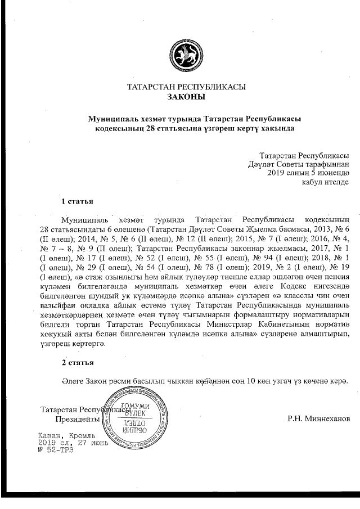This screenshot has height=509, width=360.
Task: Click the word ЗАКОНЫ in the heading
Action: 187,97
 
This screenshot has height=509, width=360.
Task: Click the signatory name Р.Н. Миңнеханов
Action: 318,418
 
